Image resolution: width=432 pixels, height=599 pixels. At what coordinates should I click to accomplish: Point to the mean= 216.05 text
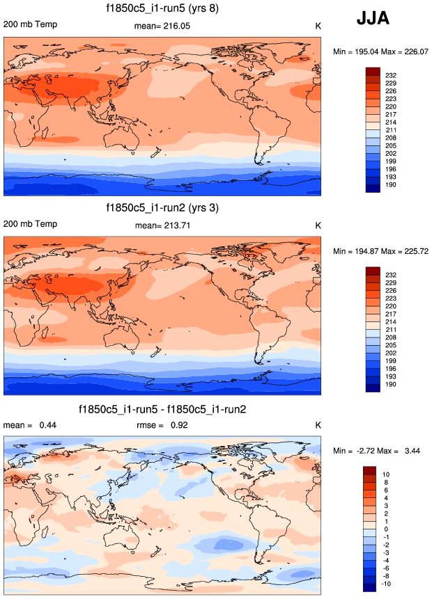[x=162, y=26]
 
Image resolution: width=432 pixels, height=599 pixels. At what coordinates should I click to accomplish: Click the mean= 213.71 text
[x=162, y=225]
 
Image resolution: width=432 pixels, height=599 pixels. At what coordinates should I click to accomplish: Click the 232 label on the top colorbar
[x=391, y=74]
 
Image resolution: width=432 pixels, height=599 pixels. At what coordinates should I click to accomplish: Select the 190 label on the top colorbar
[x=391, y=186]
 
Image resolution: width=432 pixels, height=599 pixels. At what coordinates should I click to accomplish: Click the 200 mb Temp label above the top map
[x=31, y=25]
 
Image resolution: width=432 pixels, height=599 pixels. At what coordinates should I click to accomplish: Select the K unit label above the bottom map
[x=318, y=425]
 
